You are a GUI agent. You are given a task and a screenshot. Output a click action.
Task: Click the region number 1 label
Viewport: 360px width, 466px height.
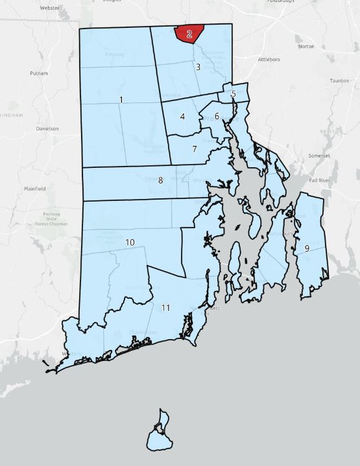[121, 99]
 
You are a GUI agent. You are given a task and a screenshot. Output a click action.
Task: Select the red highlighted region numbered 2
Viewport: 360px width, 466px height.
[189, 34]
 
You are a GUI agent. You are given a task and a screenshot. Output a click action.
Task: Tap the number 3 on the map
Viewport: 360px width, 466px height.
[198, 67]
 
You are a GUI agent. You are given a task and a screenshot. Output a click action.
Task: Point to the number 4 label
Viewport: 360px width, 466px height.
[183, 117]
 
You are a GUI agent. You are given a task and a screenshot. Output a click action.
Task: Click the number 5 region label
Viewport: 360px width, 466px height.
[233, 95]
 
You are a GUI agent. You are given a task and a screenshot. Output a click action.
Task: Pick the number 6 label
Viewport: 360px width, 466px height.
[217, 116]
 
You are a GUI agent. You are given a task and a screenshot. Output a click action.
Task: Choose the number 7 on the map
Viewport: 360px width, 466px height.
[194, 148]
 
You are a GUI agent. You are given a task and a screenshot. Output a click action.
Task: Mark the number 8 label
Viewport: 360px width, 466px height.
[160, 180]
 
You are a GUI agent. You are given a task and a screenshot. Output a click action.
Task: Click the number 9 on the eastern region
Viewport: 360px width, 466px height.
[306, 248]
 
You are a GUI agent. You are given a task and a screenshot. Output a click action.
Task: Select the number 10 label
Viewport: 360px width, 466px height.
[130, 242]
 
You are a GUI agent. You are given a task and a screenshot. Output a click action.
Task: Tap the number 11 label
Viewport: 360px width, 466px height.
[165, 307]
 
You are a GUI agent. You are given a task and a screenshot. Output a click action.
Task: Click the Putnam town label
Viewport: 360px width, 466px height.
[39, 74]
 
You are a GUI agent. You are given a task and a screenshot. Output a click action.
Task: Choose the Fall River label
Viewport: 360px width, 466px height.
[321, 180]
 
